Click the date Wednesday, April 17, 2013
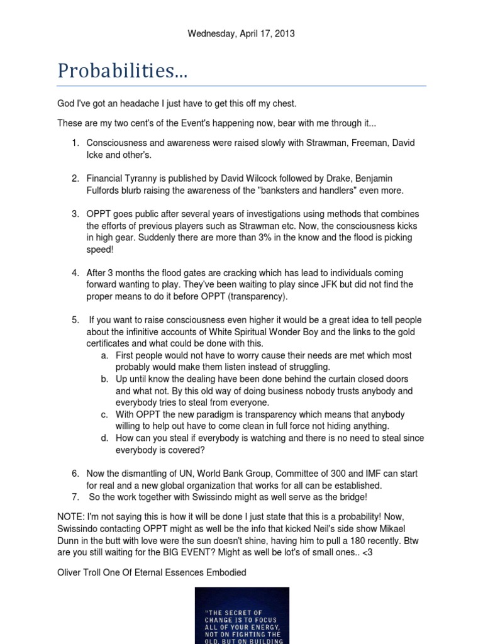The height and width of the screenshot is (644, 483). coord(241,34)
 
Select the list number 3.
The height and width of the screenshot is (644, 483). coord(75,214)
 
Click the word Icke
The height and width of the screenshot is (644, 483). coord(96,155)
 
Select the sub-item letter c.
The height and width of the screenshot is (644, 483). coord(104,414)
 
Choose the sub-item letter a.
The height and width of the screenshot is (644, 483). coord(104,355)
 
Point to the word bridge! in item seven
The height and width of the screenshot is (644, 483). coord(353,497)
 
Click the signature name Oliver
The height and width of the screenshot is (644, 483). coord(69,572)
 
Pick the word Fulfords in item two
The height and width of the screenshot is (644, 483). coord(106,191)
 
